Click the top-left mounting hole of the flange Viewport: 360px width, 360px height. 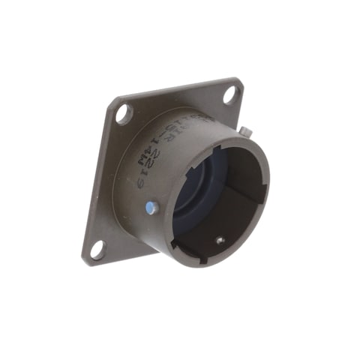(123, 113)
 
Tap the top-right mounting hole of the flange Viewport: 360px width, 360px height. (229, 94)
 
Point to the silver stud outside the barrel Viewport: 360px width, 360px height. (246, 133)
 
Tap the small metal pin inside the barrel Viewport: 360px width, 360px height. (219, 241)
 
